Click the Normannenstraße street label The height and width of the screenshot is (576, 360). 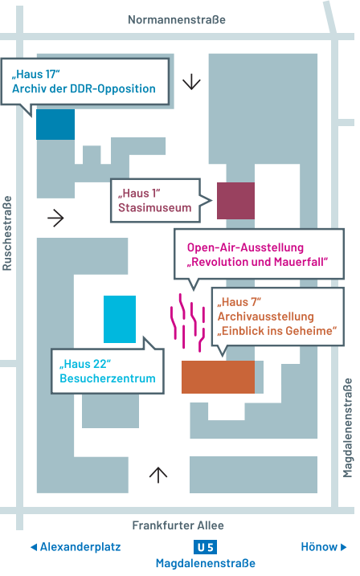coord(177,19)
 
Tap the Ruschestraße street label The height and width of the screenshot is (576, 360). coord(8,233)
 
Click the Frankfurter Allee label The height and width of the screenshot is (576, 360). coord(178,525)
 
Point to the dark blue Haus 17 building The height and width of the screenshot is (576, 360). coord(55,125)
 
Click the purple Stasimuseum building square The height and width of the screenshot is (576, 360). coord(235,201)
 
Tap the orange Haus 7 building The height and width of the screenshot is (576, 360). coord(218,377)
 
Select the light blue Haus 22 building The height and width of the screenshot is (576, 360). coord(120,319)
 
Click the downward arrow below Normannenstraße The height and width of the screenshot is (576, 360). coord(192,82)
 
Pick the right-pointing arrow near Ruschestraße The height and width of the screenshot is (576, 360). coord(55,218)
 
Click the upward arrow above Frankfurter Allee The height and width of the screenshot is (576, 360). coord(159,475)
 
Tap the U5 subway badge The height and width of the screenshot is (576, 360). coord(206,547)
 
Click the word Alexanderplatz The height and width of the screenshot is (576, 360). coord(80,547)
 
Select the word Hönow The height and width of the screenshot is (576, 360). coord(319,547)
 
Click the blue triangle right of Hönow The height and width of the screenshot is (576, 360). coord(345,547)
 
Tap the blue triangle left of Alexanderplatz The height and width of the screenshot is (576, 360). coord(34,547)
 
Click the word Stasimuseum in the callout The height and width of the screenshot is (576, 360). coord(155,208)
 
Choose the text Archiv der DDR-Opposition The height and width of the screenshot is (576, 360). coord(84,88)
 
